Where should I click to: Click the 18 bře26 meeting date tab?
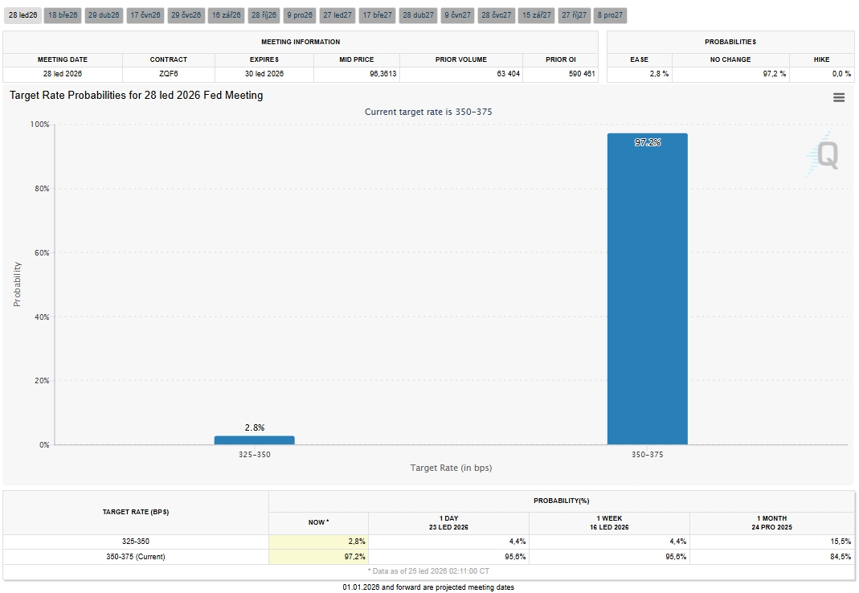pyautogui.click(x=63, y=15)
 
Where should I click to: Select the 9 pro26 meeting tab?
pyautogui.click(x=300, y=15)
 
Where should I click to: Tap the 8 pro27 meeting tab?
pyautogui.click(x=610, y=15)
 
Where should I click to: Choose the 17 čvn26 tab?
pyautogui.click(x=145, y=15)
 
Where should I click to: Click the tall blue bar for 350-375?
pyautogui.click(x=647, y=288)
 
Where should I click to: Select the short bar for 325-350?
pyautogui.click(x=254, y=440)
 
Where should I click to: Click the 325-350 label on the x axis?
pyautogui.click(x=254, y=454)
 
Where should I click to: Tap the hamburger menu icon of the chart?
pyautogui.click(x=839, y=97)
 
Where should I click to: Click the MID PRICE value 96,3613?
pyautogui.click(x=383, y=73)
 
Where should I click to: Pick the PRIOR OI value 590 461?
pyautogui.click(x=582, y=73)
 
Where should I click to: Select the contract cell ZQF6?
pyautogui.click(x=169, y=73)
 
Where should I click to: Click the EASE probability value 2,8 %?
pyautogui.click(x=659, y=73)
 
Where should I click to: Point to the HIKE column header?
pyautogui.click(x=821, y=59)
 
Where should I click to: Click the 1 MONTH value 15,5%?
pyautogui.click(x=841, y=542)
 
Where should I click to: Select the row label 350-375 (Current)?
pyautogui.click(x=135, y=557)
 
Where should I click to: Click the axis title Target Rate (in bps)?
pyautogui.click(x=451, y=468)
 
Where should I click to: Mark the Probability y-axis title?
pyautogui.click(x=17, y=284)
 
